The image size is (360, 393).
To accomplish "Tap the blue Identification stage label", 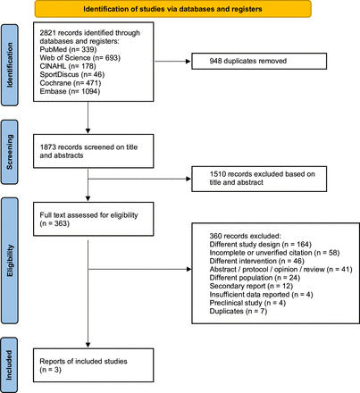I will coord(8,67).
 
